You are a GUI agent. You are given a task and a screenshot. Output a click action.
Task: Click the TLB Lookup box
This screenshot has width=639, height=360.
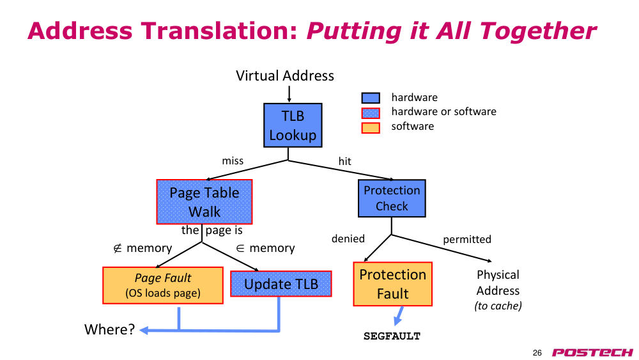[x=293, y=125]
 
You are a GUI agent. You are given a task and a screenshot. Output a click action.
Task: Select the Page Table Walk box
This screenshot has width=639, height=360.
[x=204, y=202]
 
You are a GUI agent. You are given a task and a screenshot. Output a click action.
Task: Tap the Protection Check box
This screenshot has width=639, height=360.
[x=392, y=198]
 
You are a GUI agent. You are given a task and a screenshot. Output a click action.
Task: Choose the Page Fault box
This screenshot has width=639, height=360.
[x=162, y=285]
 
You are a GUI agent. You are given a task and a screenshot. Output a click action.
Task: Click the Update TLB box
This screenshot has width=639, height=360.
[x=281, y=284]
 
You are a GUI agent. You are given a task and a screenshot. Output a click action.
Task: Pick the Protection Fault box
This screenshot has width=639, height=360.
[x=392, y=284]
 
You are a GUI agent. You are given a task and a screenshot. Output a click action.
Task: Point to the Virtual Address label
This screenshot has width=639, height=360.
[x=285, y=76]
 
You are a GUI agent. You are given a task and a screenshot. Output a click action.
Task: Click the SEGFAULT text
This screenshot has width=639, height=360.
[x=392, y=336]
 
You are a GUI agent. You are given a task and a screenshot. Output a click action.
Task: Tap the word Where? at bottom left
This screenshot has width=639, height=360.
[x=109, y=329]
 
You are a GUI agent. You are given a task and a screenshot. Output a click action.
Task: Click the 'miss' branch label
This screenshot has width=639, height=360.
[x=233, y=161]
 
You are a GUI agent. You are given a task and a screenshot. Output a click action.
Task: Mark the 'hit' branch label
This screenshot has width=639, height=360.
[x=345, y=161]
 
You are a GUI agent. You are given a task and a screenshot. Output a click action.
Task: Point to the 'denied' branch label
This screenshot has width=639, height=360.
[x=348, y=239]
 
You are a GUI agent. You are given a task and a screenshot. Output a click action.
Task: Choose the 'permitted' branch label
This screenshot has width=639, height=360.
[x=467, y=239]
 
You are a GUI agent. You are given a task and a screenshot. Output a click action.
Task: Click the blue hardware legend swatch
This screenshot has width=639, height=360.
[x=371, y=98]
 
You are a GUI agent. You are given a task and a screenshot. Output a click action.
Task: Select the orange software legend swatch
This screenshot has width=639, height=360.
[x=371, y=128]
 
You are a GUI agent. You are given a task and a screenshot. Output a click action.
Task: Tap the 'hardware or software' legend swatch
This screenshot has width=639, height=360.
[x=371, y=113]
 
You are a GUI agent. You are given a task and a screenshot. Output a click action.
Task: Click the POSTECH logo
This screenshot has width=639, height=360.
[x=592, y=352]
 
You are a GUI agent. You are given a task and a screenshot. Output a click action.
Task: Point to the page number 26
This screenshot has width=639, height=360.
[x=537, y=353]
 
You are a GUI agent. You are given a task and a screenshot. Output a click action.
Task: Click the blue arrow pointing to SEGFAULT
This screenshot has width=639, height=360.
[x=399, y=316]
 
